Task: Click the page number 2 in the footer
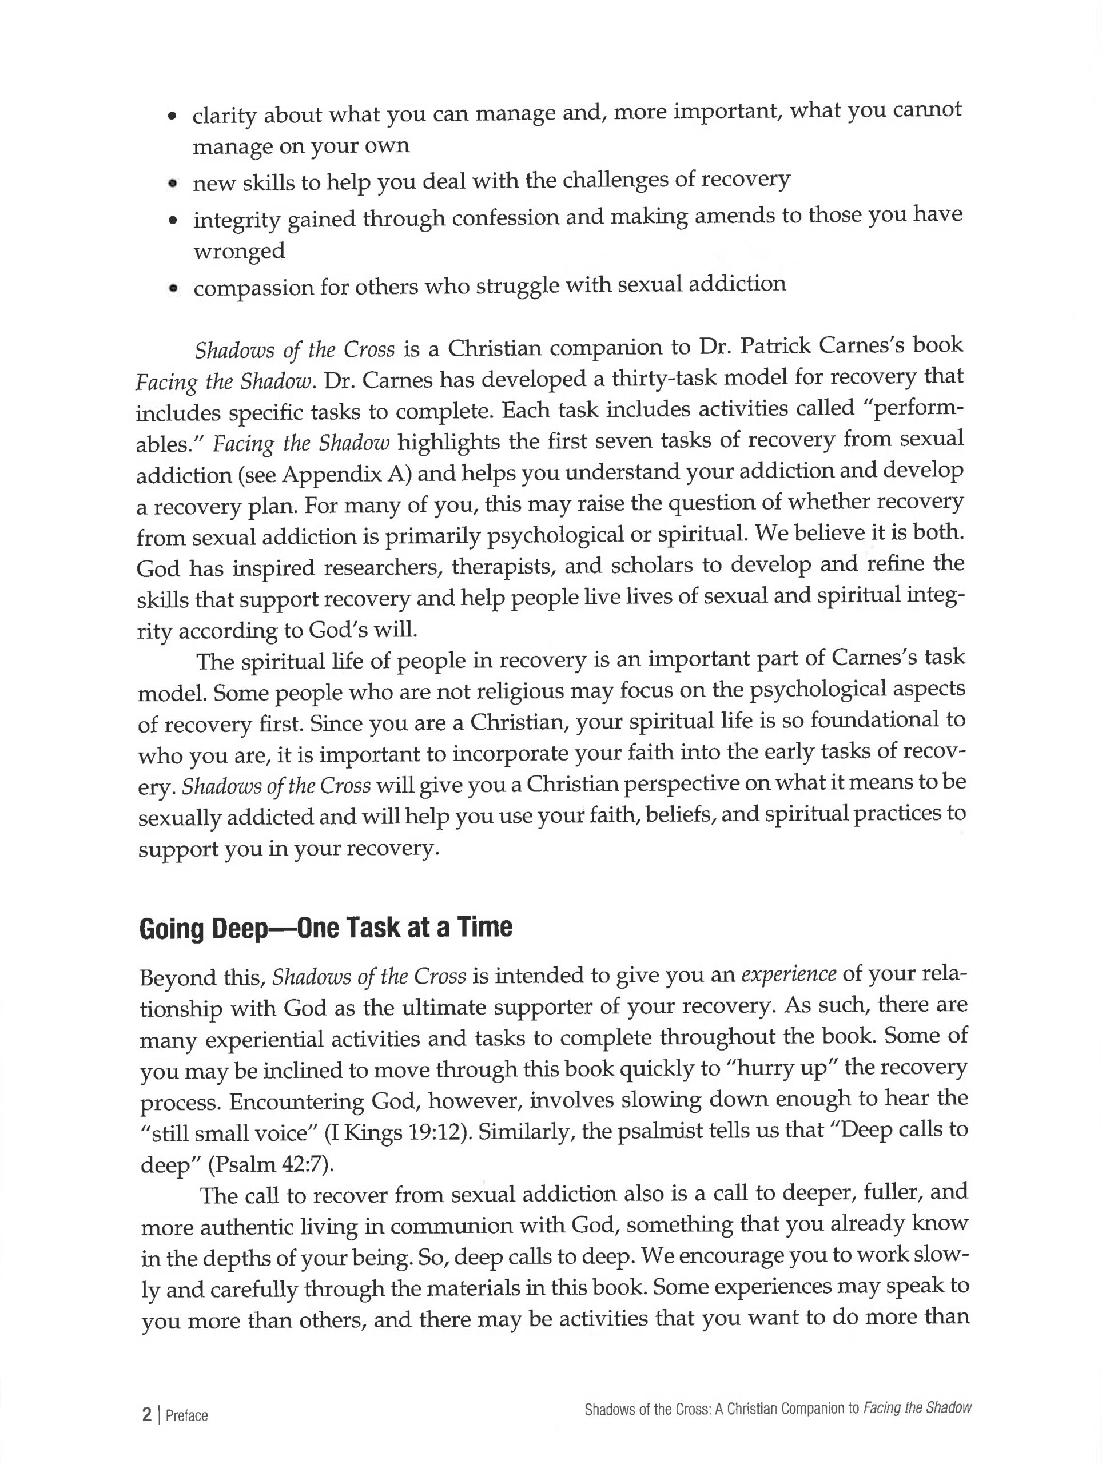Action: [x=147, y=1414]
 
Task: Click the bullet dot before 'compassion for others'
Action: [x=173, y=288]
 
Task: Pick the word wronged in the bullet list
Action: [x=239, y=251]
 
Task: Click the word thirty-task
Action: [x=676, y=378]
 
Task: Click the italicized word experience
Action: [x=788, y=975]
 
